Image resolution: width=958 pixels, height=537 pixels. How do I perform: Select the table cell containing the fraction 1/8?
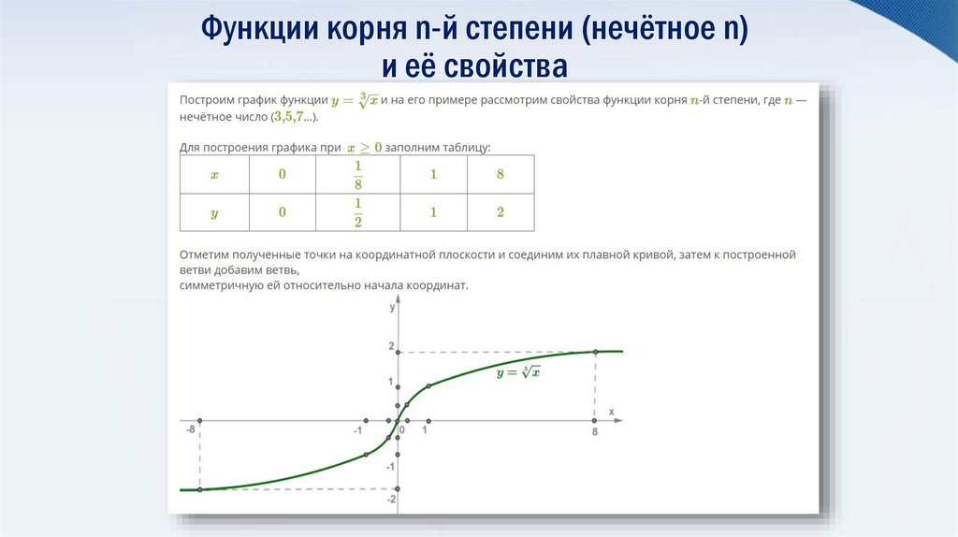point(357,174)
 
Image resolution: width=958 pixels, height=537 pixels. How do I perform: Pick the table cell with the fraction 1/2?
point(357,212)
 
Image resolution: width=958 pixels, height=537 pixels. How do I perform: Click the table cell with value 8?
point(501,174)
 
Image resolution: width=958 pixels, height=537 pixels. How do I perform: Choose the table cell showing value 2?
point(501,212)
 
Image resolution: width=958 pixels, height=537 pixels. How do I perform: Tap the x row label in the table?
point(214,174)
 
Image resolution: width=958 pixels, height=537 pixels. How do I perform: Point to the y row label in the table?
point(214,212)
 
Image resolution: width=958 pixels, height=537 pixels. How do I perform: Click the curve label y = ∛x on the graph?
point(519,372)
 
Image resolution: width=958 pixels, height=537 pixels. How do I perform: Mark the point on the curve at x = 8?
point(595,352)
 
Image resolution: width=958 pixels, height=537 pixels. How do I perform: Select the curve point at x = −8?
point(199,489)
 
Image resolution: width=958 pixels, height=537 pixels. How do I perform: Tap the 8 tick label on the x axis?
point(595,432)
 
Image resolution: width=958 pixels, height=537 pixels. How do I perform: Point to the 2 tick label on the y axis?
point(391,347)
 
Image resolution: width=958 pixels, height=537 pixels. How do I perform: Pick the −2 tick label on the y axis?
point(391,499)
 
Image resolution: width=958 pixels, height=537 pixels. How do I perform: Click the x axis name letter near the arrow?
point(611,411)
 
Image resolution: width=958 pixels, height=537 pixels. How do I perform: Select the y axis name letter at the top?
point(392,306)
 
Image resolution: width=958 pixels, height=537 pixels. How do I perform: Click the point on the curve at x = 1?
point(428,386)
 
